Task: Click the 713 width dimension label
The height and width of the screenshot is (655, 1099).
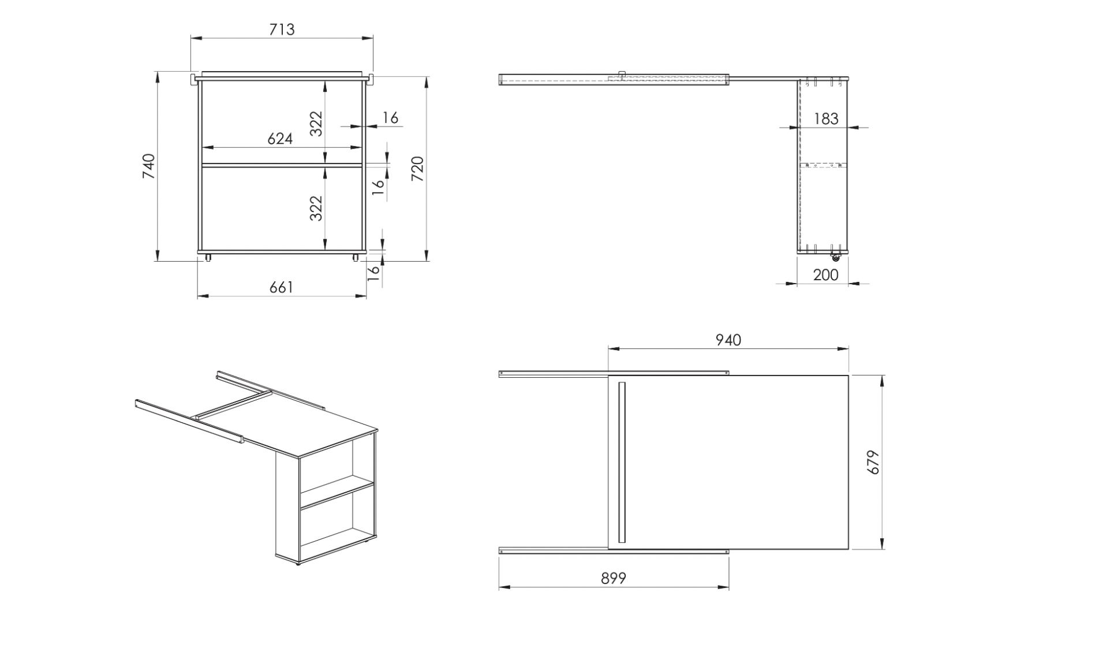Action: click(x=282, y=29)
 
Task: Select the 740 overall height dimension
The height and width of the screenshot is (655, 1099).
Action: click(x=149, y=166)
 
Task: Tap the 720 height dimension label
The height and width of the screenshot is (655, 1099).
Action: click(x=417, y=169)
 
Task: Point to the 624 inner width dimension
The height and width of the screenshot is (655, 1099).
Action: click(x=280, y=139)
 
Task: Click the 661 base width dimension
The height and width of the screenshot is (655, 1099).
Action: click(x=281, y=287)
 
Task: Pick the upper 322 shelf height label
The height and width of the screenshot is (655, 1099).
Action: click(x=316, y=124)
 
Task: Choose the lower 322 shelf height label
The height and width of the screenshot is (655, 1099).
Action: click(x=316, y=209)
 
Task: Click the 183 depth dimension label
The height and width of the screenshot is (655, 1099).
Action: click(x=825, y=119)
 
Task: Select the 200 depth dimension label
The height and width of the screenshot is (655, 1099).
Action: click(x=825, y=275)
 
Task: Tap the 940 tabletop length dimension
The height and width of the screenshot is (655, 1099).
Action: click(x=728, y=340)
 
